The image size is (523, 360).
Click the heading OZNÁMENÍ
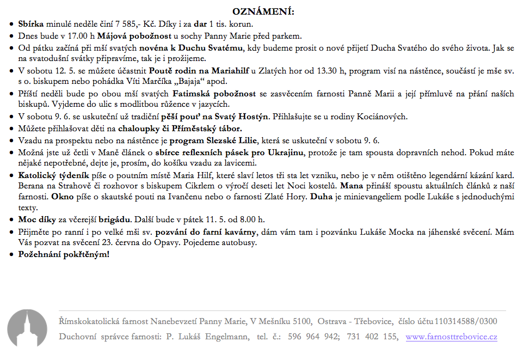(x=263, y=12)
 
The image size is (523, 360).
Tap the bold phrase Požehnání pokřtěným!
(x=64, y=254)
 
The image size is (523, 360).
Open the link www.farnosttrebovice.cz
(x=451, y=337)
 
